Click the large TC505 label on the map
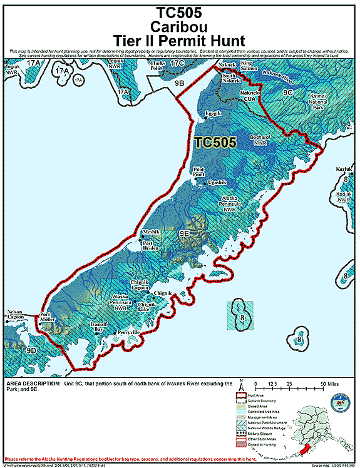tap(215, 142)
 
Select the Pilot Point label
tap(200, 171)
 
